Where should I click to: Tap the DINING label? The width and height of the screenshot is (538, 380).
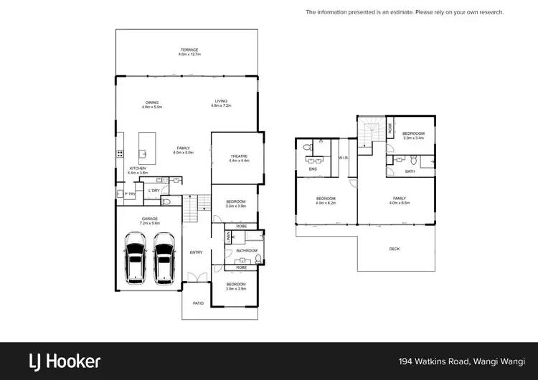pos(152,103)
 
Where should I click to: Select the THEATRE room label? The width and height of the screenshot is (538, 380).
pos(239,156)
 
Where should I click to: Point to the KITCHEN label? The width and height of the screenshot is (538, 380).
pos(137,168)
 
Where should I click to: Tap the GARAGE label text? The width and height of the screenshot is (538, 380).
pos(149,219)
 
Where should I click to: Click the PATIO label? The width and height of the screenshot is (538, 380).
pos(198,303)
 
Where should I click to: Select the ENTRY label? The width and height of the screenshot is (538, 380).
pos(196,252)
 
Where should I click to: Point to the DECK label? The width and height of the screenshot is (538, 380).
pos(395,249)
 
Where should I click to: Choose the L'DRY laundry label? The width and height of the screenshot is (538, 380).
pos(153,190)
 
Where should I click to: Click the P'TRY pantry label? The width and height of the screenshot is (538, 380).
pos(130,194)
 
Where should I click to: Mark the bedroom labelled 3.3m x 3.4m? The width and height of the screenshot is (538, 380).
pos(413,138)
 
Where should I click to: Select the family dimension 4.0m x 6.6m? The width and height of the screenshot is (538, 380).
pos(399,203)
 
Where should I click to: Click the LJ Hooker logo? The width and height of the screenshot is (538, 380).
pos(64,361)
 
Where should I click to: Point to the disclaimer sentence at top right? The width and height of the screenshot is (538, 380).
pos(405,12)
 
